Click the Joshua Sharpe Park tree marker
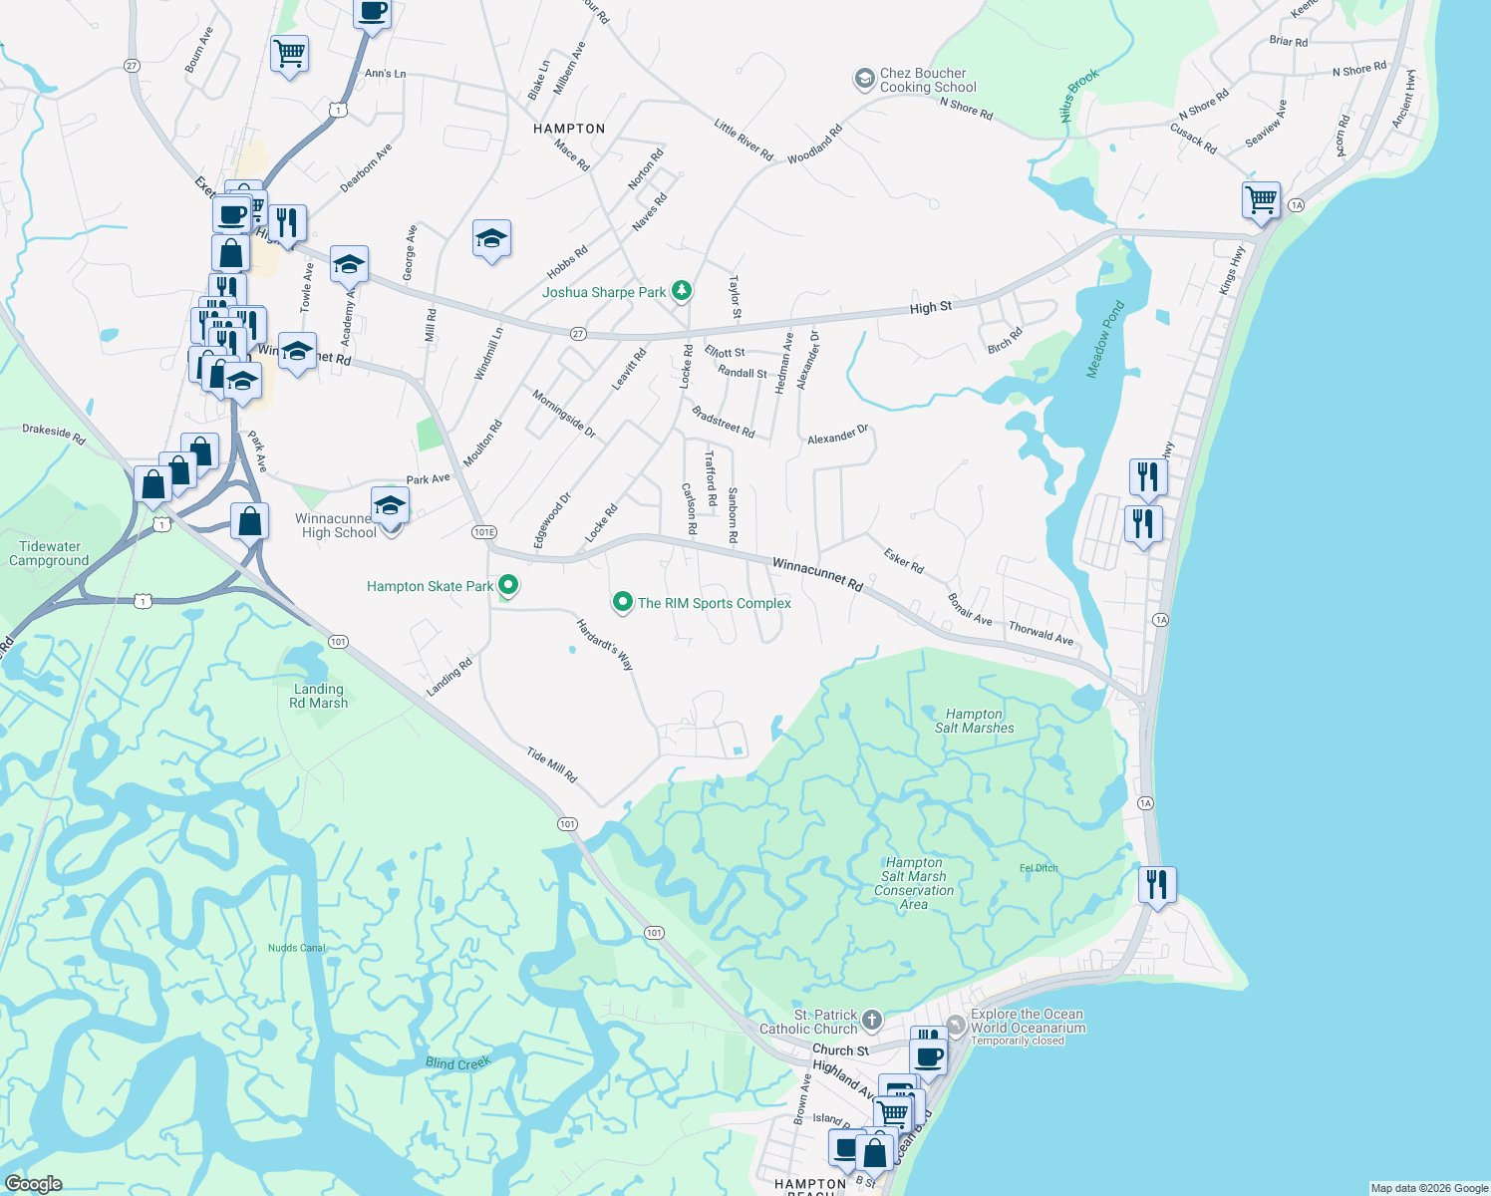click(x=682, y=291)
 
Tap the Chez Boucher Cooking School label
click(x=923, y=80)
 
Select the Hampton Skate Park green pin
click(x=508, y=585)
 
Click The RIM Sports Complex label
click(x=714, y=603)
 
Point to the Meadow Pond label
click(x=1104, y=339)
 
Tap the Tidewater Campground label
click(x=50, y=553)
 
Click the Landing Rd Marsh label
click(x=319, y=696)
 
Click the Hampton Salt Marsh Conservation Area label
click(x=914, y=883)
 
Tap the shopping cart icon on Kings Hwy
click(x=1261, y=199)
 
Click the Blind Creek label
click(x=457, y=1063)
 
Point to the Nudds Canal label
click(x=297, y=948)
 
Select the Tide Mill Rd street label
click(x=552, y=764)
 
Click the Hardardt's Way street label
click(x=605, y=644)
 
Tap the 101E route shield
click(x=484, y=532)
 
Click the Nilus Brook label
click(x=1079, y=96)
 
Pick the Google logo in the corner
click(x=34, y=1184)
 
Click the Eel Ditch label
click(x=1039, y=868)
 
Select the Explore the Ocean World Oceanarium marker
click(x=956, y=1024)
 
